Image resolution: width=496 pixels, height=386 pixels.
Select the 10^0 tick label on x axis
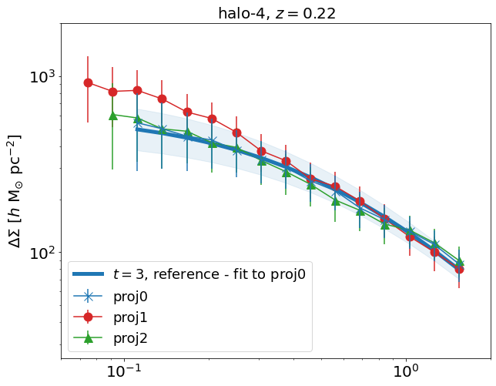click(405, 372)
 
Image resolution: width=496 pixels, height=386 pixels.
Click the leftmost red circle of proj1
click(89, 82)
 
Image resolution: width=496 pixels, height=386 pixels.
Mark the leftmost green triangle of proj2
click(112, 116)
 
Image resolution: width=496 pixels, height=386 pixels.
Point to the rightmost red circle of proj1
click(459, 269)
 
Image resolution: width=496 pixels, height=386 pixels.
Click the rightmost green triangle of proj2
click(459, 263)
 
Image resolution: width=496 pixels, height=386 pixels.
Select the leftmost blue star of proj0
click(137, 126)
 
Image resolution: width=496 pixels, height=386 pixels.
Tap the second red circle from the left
click(112, 92)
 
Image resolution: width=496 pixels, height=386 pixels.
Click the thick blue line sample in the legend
click(88, 274)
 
